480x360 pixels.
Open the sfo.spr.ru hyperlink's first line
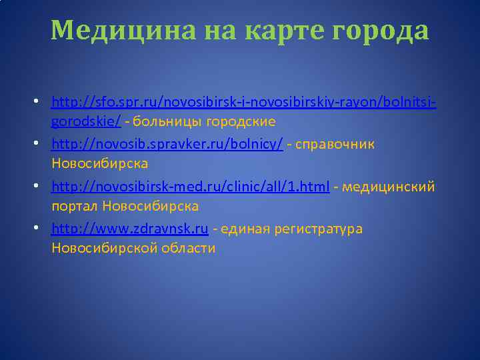tap(244, 103)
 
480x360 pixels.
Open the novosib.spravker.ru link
tap(167, 144)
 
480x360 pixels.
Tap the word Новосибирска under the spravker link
tap(99, 163)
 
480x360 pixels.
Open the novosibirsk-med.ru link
tap(190, 187)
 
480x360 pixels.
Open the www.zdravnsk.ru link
tap(131, 229)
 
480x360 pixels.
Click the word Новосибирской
tap(105, 249)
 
